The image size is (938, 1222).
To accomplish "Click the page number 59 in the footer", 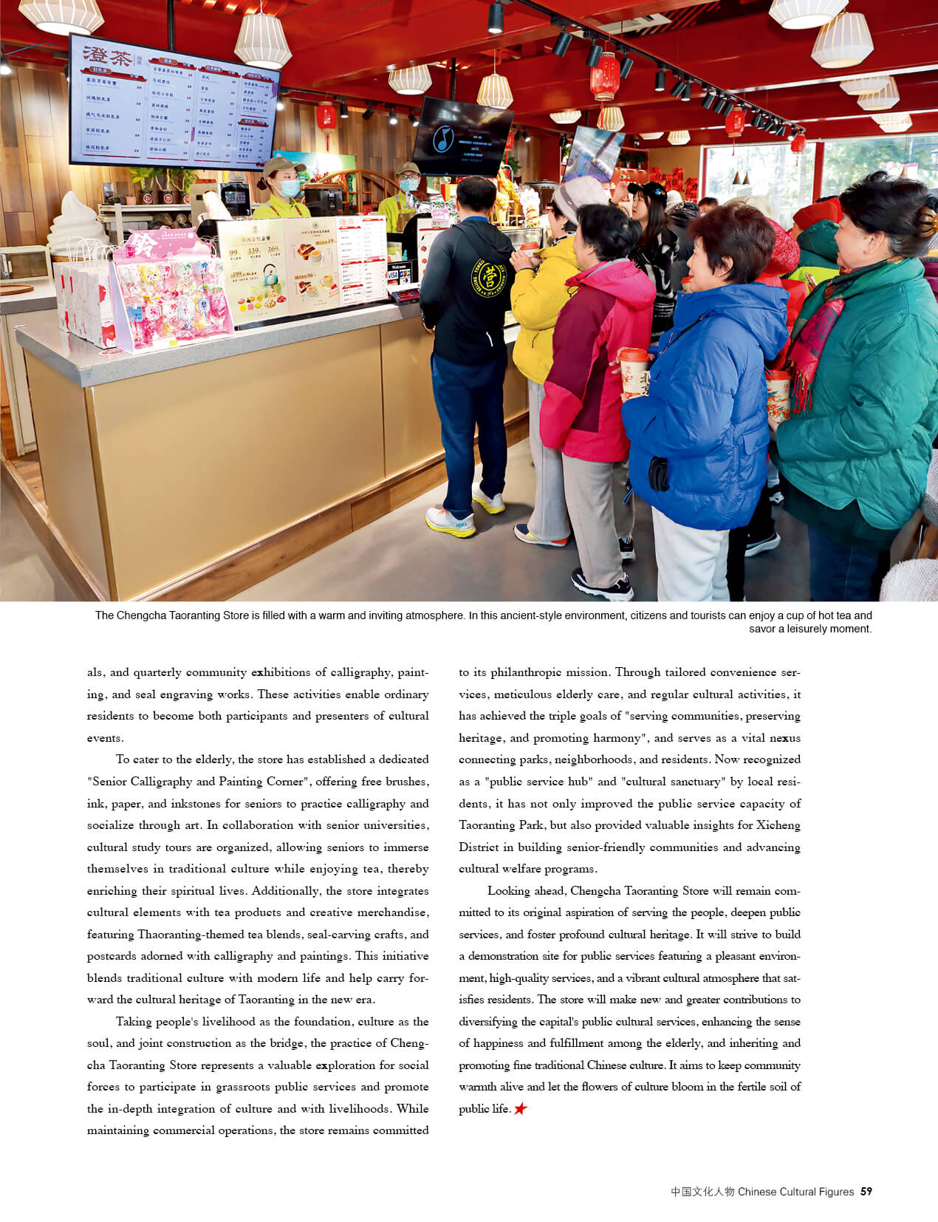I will tap(866, 1191).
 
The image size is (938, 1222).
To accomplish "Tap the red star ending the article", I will tap(521, 1108).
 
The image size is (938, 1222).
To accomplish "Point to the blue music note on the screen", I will tap(442, 138).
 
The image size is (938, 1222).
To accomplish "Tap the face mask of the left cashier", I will tap(289, 188).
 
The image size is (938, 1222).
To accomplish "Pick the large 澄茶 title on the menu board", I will tap(107, 55).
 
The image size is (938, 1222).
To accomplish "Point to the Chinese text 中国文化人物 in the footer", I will tap(702, 1191).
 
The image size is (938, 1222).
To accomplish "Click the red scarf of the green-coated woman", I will tap(812, 347).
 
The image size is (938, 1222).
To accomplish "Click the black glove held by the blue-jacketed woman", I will tap(658, 473).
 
